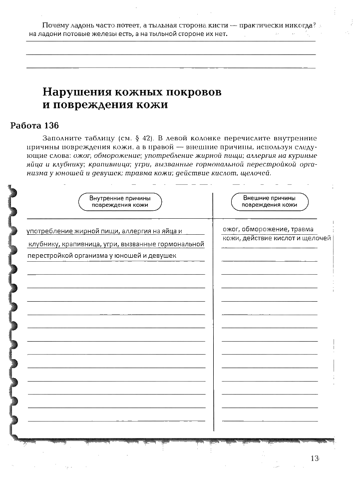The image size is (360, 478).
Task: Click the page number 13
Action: click(x=314, y=459)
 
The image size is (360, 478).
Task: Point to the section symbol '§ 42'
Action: click(x=143, y=137)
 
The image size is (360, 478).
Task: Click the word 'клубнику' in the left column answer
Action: click(x=43, y=244)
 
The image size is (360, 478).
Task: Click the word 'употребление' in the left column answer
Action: click(x=49, y=231)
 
